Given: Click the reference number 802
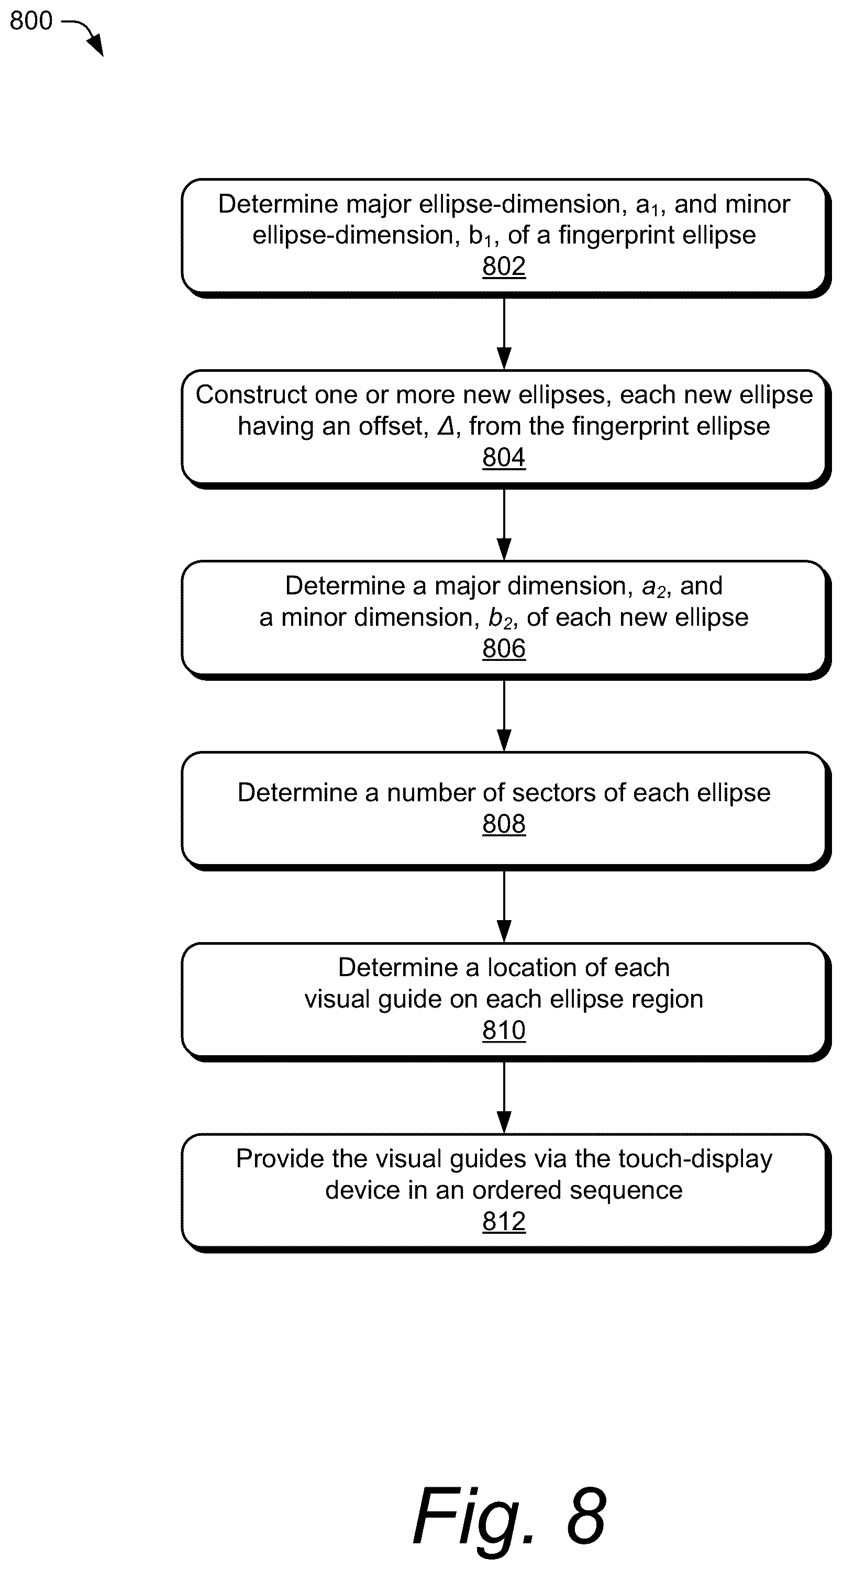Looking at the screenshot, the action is (x=504, y=267).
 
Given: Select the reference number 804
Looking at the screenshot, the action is (x=504, y=458).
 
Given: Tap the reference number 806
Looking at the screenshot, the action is (x=504, y=648).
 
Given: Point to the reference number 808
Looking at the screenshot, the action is (x=504, y=824).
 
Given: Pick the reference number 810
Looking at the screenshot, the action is (x=504, y=1031).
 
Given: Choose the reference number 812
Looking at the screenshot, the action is (x=504, y=1221).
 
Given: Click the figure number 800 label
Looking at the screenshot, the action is (x=31, y=21).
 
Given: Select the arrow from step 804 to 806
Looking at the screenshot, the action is (x=504, y=524).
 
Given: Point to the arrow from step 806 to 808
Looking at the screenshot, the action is (x=504, y=715).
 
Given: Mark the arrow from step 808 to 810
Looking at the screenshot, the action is (x=504, y=906).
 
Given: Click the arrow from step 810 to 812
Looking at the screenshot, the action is (x=504, y=1097).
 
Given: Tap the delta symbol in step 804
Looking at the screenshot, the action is (x=446, y=426).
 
